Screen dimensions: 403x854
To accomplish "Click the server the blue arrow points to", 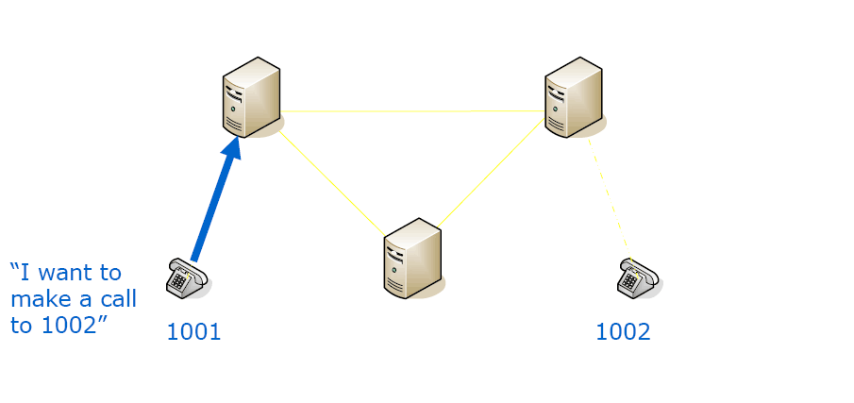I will (x=251, y=97).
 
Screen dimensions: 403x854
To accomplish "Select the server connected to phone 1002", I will (x=573, y=97).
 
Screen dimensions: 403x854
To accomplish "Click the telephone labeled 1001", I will (x=186, y=277).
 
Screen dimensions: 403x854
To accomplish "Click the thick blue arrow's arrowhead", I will (x=231, y=149).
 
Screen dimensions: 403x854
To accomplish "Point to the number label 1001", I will (x=193, y=331).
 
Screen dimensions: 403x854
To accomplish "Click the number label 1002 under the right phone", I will (x=623, y=331).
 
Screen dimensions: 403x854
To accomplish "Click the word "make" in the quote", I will (x=40, y=300).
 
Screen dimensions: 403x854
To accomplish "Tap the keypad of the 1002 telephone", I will (x=629, y=281).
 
